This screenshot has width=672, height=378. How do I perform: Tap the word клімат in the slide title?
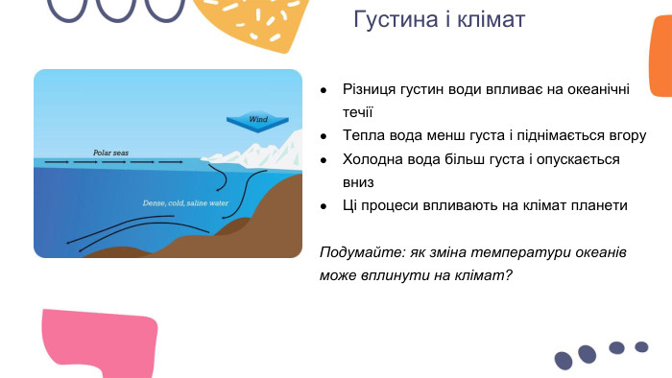[x=492, y=20]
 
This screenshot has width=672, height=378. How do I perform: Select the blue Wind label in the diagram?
[x=257, y=120]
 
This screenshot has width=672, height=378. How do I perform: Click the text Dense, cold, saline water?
[x=185, y=203]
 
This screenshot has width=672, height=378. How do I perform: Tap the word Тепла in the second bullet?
[x=364, y=134]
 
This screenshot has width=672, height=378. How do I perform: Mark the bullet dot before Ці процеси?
[x=325, y=205]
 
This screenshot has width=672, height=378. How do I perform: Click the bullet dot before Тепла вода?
[x=325, y=135]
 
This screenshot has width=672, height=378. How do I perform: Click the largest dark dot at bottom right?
[x=564, y=360]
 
